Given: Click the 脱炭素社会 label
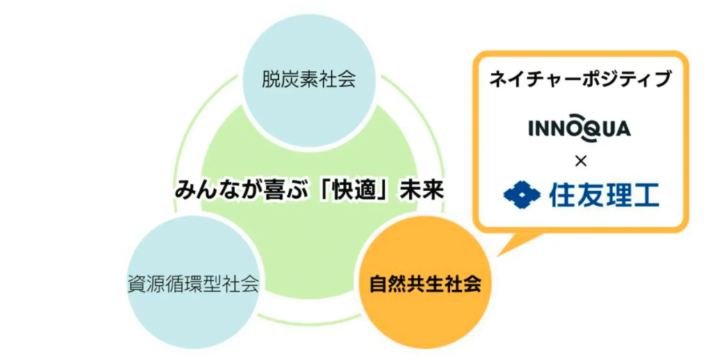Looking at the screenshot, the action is (309, 79).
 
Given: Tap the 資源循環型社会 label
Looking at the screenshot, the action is (193, 284).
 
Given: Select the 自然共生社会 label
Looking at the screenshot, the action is (426, 284).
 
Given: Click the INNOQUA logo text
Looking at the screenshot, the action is (580, 128).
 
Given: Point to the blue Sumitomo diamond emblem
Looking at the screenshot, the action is (521, 195).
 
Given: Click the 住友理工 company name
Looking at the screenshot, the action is (604, 195).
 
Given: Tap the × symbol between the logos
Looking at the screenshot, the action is (581, 161).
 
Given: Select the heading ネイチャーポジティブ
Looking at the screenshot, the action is (580, 79).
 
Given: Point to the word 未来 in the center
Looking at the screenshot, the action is (422, 190).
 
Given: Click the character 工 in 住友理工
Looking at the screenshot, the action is (647, 195).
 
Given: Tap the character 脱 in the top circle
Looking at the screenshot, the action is (271, 79).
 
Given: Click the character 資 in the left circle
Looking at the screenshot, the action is (137, 284).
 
